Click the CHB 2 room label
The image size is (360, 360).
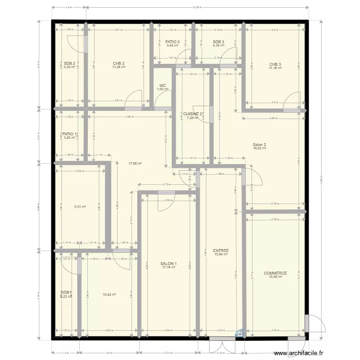tap(119, 63)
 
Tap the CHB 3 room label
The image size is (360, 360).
tap(275, 64)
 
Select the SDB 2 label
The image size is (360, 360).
tap(70, 63)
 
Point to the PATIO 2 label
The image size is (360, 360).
tap(172, 42)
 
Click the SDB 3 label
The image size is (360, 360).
tap(218, 42)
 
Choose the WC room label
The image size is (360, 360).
tap(163, 85)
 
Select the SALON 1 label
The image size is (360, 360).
tap(168, 264)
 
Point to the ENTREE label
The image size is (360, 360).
tap(221, 251)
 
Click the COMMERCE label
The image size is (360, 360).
tap(275, 273)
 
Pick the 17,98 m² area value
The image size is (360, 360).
tap(135, 163)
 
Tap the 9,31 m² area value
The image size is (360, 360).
tap(80, 207)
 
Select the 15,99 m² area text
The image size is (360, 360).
tap(275, 277)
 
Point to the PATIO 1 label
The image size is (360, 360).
tap(70, 134)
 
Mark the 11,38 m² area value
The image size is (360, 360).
tap(119, 67)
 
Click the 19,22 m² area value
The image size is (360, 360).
tap(259, 148)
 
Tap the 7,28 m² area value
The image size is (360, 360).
tap(192, 118)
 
